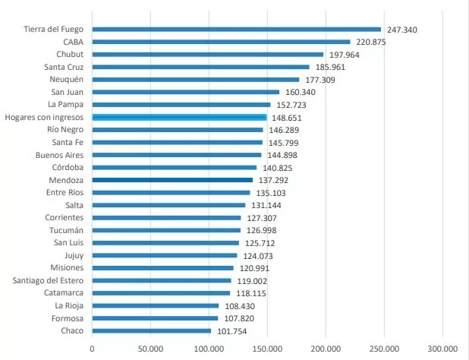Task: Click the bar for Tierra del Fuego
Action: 236,30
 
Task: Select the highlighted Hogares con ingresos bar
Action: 179,118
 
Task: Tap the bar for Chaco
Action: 152,330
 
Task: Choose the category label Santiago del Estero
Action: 42,280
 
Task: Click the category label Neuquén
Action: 66,80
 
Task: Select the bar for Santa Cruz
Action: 201,67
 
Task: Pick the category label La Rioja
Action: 66,305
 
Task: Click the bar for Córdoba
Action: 175,168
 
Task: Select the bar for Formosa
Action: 155,318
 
